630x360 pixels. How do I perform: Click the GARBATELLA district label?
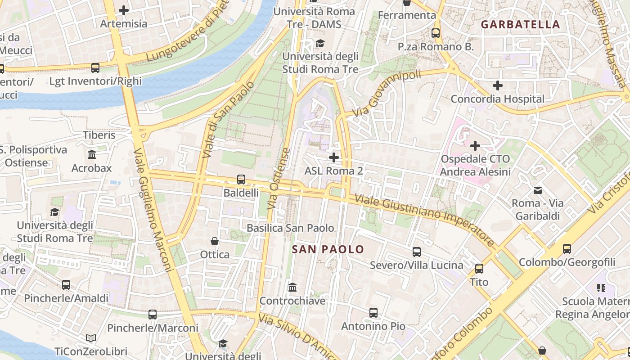521,24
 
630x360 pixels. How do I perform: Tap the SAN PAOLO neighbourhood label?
328,249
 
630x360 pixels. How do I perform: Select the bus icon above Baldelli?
241,180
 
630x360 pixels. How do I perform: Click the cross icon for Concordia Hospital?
497,85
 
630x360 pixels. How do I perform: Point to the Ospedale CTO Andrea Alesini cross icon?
475,145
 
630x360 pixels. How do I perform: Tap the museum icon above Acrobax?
92,155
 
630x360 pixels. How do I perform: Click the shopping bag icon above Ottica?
215,241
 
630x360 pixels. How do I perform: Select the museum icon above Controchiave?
292,287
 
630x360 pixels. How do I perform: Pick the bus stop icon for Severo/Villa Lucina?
417,252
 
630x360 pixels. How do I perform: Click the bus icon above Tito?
479,269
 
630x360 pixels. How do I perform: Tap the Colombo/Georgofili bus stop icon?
567,248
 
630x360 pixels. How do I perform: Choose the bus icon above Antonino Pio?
373,313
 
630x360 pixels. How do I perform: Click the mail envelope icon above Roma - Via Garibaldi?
538,190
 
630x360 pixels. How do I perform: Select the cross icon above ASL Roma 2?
334,157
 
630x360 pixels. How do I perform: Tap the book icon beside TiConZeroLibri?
91,338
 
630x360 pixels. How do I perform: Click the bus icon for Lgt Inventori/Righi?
95,68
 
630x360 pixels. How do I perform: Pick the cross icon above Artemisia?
124,10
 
